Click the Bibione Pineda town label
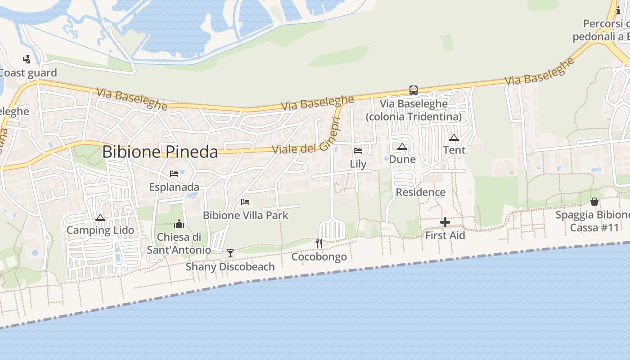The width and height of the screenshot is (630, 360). (160, 152)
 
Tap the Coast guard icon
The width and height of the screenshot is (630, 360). (27, 59)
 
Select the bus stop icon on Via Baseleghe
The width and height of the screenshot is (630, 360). (413, 90)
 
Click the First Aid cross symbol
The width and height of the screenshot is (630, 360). (445, 222)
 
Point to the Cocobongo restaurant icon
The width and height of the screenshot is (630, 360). (319, 243)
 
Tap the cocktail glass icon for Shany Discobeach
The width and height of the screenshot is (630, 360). (230, 253)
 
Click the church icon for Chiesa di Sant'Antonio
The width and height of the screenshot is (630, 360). (179, 224)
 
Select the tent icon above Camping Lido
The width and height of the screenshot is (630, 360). (100, 218)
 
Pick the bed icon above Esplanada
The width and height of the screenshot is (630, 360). (174, 174)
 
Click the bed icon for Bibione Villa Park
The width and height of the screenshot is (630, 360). (245, 202)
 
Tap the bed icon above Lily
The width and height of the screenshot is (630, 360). (358, 151)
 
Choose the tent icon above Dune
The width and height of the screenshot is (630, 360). (402, 146)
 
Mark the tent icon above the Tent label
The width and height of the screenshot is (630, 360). (454, 137)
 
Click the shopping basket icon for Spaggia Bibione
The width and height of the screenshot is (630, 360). (594, 201)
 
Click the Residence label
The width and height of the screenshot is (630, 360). (420, 193)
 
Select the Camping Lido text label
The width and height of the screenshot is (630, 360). (100, 230)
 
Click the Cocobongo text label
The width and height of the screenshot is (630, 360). (319, 257)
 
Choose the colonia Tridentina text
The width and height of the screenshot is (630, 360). (414, 117)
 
